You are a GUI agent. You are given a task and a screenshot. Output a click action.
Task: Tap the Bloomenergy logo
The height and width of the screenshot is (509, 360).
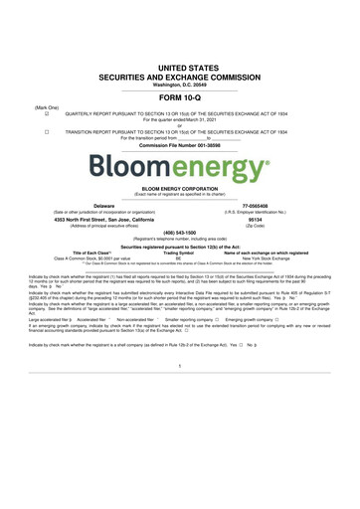[180, 162]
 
